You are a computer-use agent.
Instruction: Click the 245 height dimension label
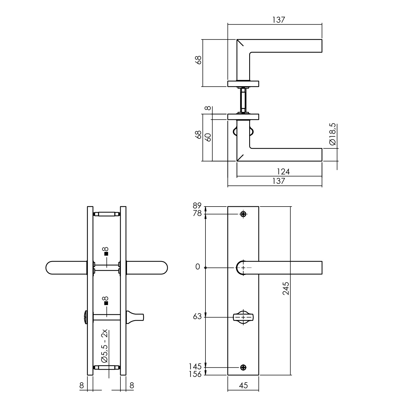[286, 288]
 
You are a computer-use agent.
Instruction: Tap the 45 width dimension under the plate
[244, 386]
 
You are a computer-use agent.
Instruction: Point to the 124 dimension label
[283, 172]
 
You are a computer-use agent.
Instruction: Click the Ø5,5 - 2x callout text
[104, 346]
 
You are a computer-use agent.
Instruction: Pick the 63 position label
[197, 316]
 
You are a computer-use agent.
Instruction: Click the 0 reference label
[198, 267]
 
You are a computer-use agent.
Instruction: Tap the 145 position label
[195, 367]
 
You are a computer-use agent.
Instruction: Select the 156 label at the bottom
[195, 374]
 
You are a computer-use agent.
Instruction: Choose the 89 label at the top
[197, 206]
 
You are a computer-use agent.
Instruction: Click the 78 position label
[197, 214]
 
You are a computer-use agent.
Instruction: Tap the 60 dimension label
[208, 137]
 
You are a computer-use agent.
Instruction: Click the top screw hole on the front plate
[243, 214]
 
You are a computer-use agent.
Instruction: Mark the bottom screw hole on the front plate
[243, 367]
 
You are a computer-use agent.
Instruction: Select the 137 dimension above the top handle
[279, 20]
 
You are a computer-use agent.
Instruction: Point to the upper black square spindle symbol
[106, 254]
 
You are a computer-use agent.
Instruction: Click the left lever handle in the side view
[66, 268]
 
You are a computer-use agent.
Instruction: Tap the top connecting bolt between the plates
[107, 214]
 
